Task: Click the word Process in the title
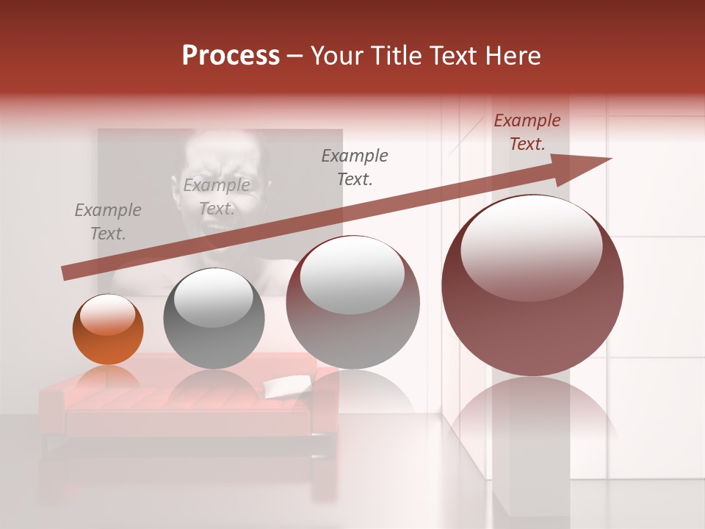click(x=231, y=55)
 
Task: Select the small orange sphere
click(x=108, y=330)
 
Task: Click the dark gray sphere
click(x=214, y=319)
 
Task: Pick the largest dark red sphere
click(x=532, y=286)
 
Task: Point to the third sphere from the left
click(x=352, y=303)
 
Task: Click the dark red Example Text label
click(x=527, y=132)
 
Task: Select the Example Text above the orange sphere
click(x=107, y=222)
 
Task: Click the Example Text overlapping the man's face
click(x=216, y=197)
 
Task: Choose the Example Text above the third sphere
click(x=355, y=167)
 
